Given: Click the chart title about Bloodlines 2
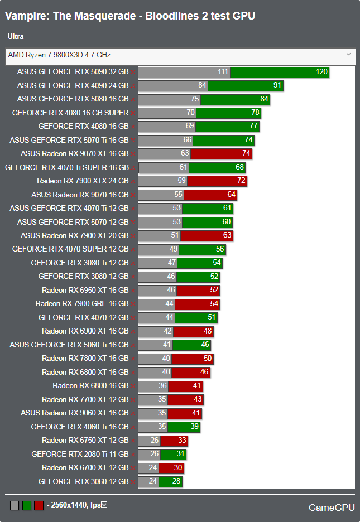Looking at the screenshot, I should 130,16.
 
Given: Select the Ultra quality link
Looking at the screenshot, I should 16,37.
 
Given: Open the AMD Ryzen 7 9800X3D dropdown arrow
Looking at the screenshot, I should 348,54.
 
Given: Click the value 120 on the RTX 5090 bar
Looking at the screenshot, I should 321,72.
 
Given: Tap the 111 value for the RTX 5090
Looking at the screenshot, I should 223,72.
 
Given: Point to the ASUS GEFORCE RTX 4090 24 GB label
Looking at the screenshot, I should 73,85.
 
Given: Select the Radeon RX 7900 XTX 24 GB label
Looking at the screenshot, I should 83,181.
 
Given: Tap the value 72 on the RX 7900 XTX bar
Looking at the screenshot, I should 241,181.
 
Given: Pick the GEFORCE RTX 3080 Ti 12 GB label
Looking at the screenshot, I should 80,263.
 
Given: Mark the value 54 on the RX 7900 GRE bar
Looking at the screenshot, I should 214,304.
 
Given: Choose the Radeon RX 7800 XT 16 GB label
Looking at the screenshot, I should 85,358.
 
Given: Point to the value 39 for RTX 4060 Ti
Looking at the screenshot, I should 194,427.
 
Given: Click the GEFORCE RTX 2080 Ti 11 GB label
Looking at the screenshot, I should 80,454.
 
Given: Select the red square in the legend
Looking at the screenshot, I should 39,505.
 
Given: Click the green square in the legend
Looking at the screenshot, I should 27,505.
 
